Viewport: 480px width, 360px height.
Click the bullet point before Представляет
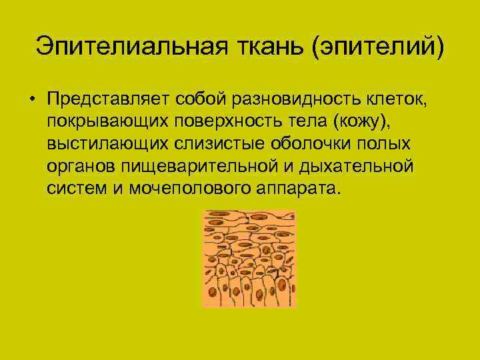tap(31, 100)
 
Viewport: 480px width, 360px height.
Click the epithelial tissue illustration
tap(249, 259)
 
